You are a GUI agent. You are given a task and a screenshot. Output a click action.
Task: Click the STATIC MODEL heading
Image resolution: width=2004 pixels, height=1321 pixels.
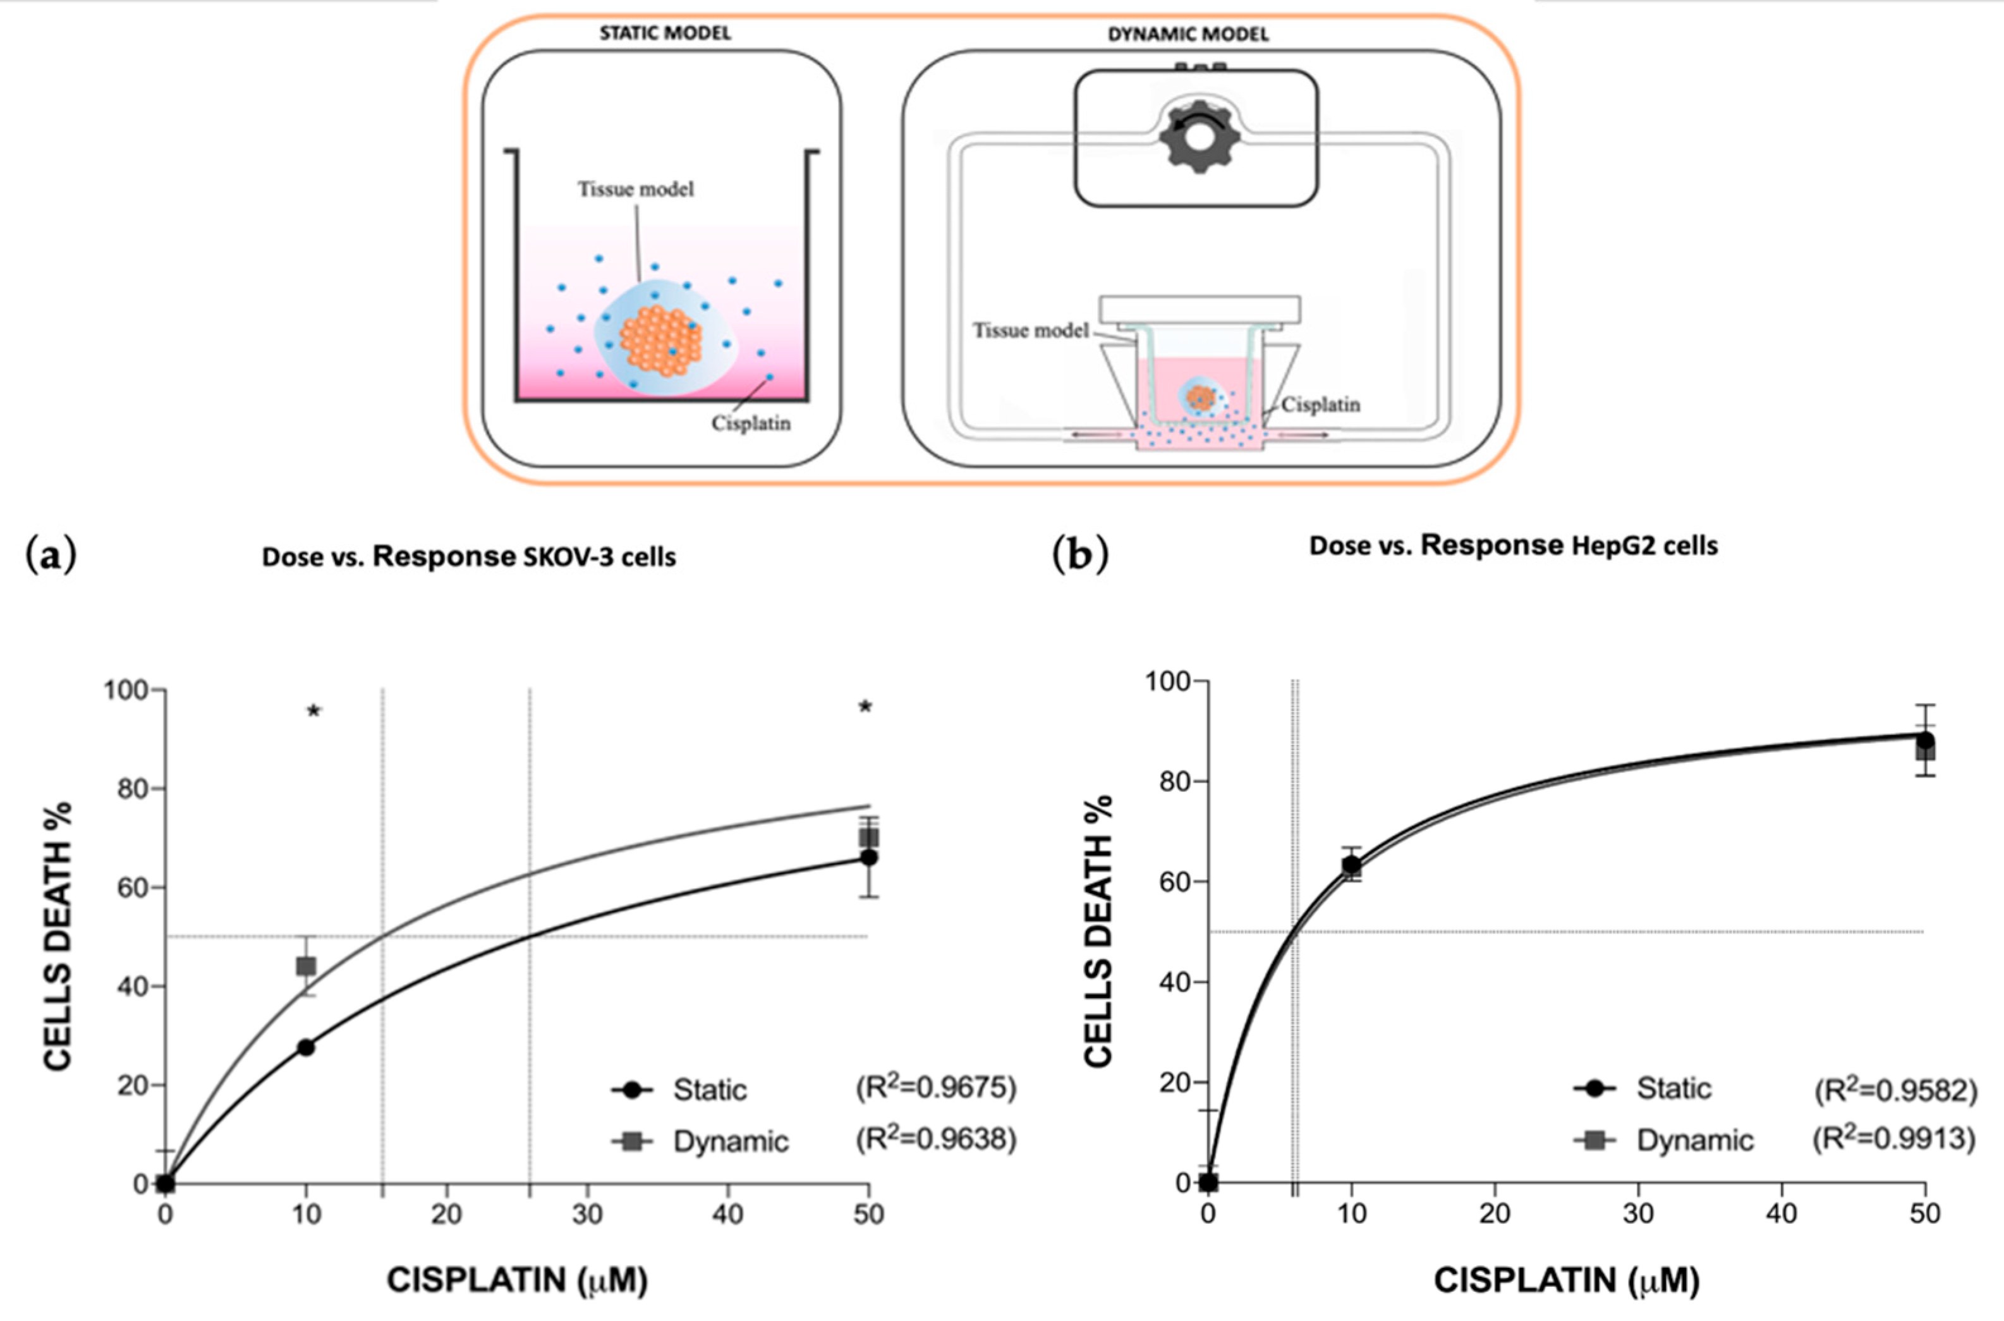pyautogui.click(x=665, y=33)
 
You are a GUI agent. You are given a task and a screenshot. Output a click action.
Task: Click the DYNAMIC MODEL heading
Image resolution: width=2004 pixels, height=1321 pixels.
pyautogui.click(x=1187, y=35)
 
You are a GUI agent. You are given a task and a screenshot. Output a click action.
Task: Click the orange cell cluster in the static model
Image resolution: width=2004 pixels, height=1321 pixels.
pyautogui.click(x=660, y=340)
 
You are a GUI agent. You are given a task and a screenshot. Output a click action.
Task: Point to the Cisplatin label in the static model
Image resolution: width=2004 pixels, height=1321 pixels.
pyautogui.click(x=751, y=423)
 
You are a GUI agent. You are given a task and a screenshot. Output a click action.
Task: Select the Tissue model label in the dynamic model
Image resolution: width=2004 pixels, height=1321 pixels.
pyautogui.click(x=1030, y=330)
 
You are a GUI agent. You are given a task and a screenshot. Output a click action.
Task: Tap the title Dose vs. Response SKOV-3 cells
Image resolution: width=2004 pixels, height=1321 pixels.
pyautogui.click(x=468, y=557)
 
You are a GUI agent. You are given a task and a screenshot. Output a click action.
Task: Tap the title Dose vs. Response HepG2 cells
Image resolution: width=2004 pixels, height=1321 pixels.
pyautogui.click(x=1513, y=546)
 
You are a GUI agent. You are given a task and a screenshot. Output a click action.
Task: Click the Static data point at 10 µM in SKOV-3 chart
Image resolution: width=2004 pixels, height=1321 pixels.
pyautogui.click(x=306, y=1047)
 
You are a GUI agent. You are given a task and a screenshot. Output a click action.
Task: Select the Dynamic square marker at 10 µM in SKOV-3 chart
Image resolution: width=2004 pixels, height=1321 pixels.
pyautogui.click(x=306, y=966)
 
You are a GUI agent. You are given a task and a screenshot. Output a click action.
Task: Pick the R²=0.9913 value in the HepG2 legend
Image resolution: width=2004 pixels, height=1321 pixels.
pyautogui.click(x=1893, y=1139)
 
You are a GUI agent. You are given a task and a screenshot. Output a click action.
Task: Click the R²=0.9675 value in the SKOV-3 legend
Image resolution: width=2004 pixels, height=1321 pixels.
pyautogui.click(x=936, y=1088)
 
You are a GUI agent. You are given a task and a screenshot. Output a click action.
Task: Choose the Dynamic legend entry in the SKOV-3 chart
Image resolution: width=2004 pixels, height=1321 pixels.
pyautogui.click(x=701, y=1141)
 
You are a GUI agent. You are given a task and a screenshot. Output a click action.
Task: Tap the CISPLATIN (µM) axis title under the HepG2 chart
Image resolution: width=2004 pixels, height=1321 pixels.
pyautogui.click(x=1566, y=1281)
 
